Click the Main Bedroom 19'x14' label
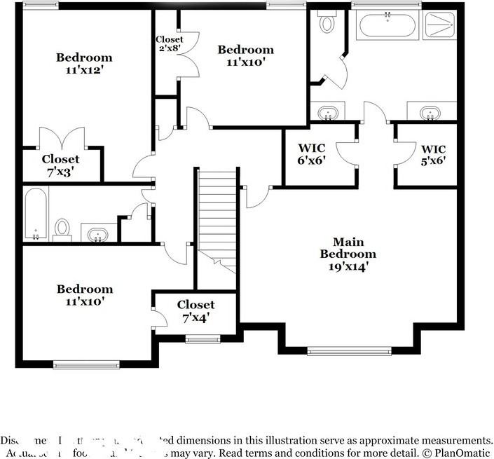[348, 254]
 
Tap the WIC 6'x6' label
[311, 153]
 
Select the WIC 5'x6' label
[433, 153]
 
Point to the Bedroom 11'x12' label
[84, 64]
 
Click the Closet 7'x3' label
[60, 165]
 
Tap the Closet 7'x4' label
[195, 311]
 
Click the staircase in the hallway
[217, 214]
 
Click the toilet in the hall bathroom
[62, 228]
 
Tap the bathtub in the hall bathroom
[35, 214]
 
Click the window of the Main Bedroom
[349, 350]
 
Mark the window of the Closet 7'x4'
[203, 340]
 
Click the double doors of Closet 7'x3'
[62, 139]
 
